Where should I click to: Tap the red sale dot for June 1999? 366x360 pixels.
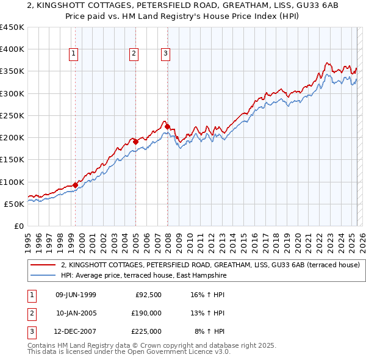coord(75,185)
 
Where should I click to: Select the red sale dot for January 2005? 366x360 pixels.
coord(135,142)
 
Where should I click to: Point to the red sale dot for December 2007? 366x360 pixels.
coord(167,126)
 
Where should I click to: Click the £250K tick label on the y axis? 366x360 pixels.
coord(12,115)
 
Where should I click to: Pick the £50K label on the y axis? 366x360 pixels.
coord(15,204)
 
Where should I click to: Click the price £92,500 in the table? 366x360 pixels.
coord(147,295)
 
